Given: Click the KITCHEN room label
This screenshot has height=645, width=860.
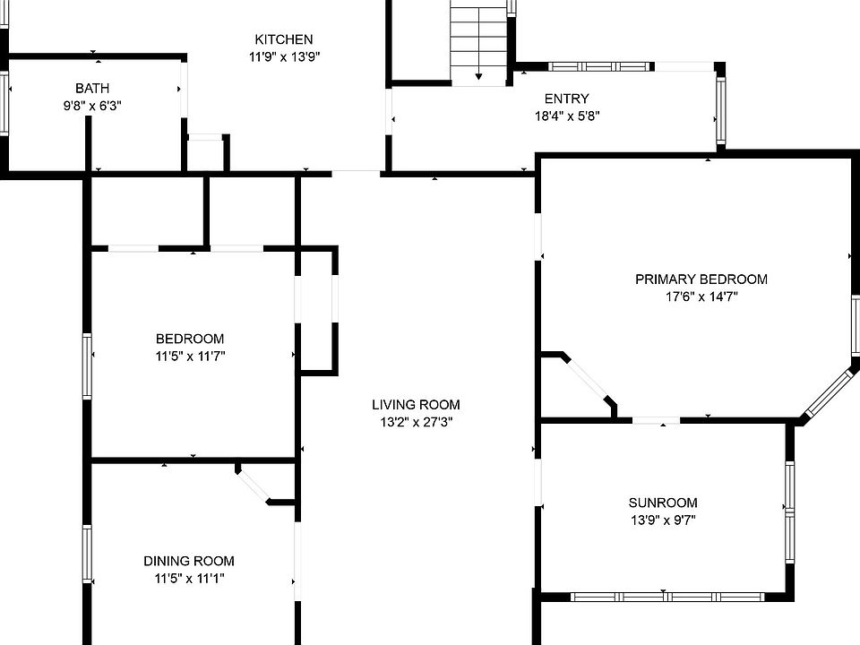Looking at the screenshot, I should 284,39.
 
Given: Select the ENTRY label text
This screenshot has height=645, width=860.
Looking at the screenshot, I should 566,99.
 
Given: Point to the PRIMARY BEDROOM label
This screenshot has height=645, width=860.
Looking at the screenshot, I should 701,279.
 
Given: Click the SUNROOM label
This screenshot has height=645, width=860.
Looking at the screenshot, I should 662,503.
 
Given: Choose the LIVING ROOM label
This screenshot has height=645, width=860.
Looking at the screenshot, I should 416,405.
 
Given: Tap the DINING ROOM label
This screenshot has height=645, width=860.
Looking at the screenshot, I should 189,562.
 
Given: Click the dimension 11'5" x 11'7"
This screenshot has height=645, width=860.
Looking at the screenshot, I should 189,356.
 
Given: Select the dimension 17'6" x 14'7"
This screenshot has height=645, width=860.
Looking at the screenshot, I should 701,297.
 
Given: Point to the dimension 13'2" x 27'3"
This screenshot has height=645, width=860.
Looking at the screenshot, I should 416,422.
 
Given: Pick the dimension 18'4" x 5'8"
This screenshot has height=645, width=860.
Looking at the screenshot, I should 566,116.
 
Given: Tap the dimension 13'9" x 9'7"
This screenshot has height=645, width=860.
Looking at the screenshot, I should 662,520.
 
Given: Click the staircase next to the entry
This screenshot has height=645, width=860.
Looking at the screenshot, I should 478,40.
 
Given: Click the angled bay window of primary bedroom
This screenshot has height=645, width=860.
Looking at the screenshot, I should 829,392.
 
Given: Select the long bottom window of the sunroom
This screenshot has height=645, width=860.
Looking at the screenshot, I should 667,597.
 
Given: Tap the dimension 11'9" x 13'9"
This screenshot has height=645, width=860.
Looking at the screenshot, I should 284,56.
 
